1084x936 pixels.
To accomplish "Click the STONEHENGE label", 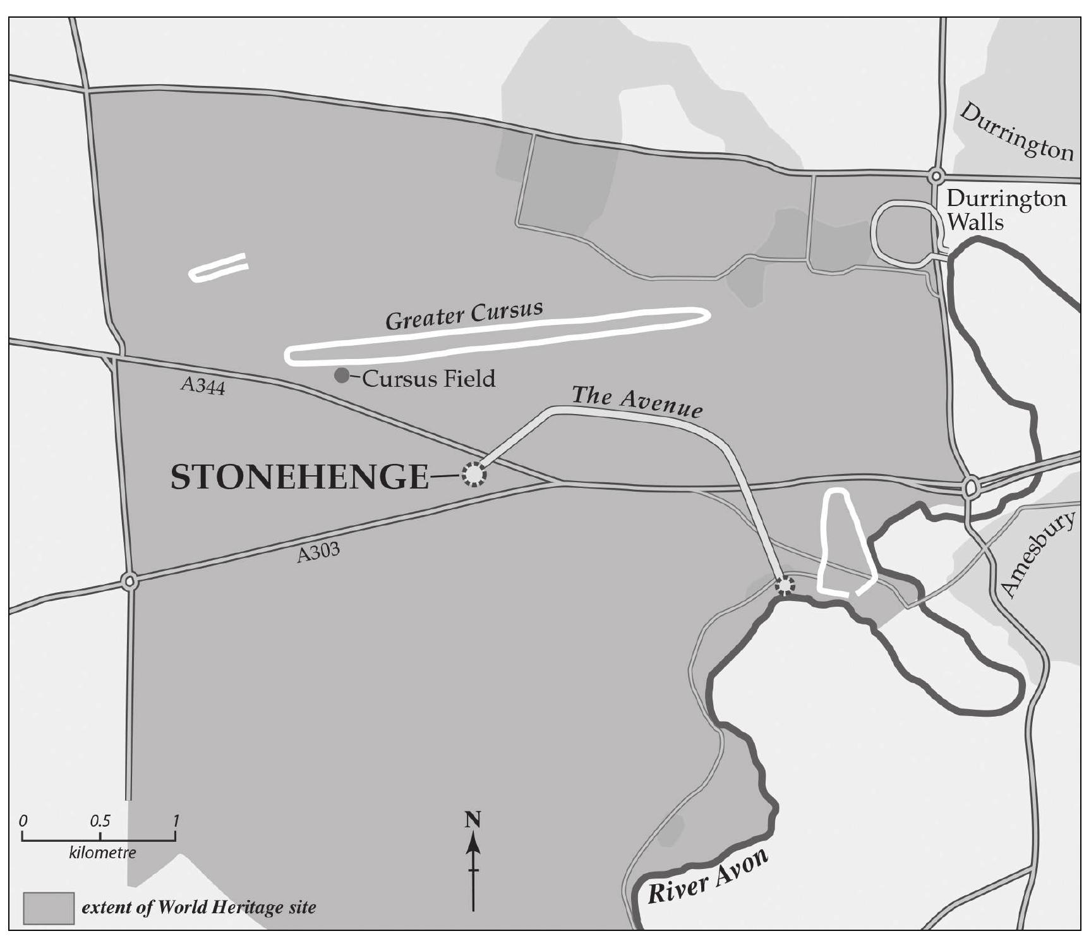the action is pos(299,477).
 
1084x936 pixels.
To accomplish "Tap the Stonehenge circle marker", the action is pos(474,474).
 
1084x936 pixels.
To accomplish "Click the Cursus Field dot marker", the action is pos(341,376).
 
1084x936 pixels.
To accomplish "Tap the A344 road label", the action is pos(202,385).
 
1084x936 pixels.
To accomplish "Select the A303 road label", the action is pos(318,553).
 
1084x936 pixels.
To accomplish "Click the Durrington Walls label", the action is pos(1006,210).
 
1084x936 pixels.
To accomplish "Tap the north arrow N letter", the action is pos(473,820).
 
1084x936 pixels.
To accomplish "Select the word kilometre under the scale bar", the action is pos(102,853).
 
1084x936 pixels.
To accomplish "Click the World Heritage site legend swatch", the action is pos(49,908).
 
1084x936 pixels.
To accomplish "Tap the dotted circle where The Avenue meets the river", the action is pos(785,585).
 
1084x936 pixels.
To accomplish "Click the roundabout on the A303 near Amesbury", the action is pos(971,487).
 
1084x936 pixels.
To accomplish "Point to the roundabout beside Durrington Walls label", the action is pos(936,176).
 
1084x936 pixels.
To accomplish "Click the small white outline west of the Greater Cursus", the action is pos(219,267).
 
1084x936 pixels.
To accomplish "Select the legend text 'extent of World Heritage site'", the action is pos(199,908).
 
